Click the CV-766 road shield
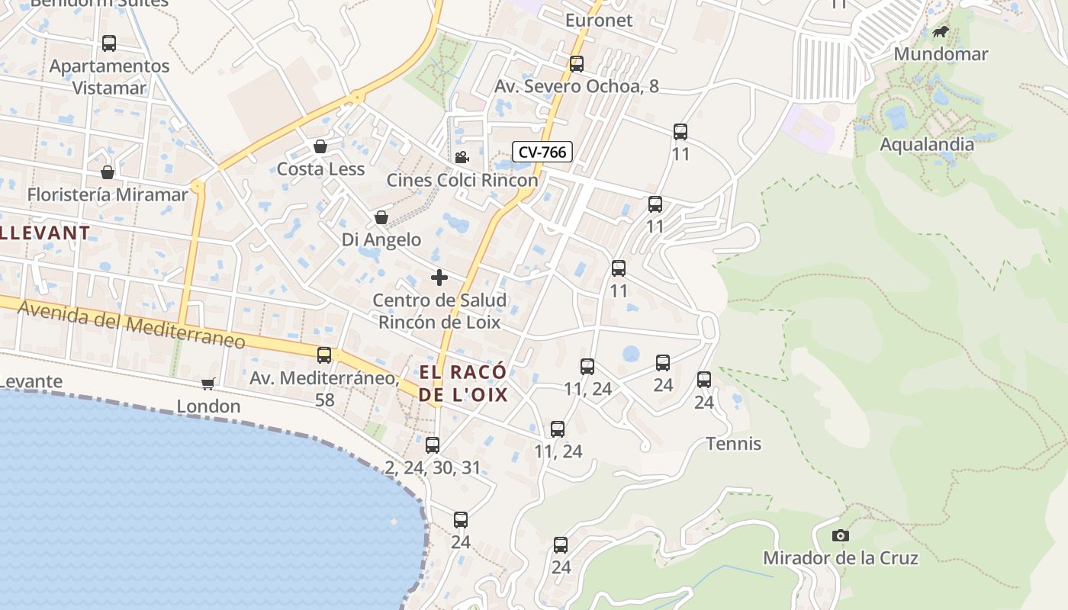542,152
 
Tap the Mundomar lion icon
941,32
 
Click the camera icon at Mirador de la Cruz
841,535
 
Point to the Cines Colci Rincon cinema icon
462,158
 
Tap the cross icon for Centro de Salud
439,278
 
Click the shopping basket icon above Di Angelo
381,218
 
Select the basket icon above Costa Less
320,146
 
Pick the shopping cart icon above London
208,384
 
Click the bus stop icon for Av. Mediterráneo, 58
324,355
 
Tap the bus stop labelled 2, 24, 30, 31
433,445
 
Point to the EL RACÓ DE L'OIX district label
463,384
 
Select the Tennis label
734,444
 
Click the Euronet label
599,21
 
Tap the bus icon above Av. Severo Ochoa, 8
577,64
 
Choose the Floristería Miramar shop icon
108,173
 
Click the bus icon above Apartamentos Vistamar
109,43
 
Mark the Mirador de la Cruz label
841,558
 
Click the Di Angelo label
381,240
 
